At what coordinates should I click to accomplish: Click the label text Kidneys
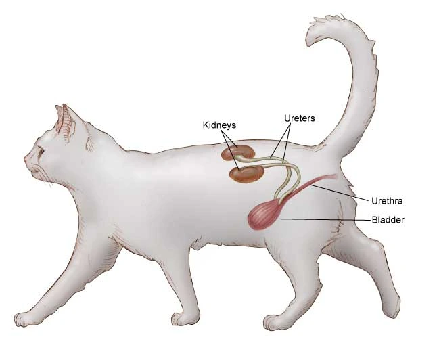[219, 125]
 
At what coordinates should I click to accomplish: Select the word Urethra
[388, 200]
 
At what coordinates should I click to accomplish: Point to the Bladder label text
[388, 219]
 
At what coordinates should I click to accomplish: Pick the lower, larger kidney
[245, 175]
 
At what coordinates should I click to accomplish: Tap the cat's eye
[41, 150]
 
